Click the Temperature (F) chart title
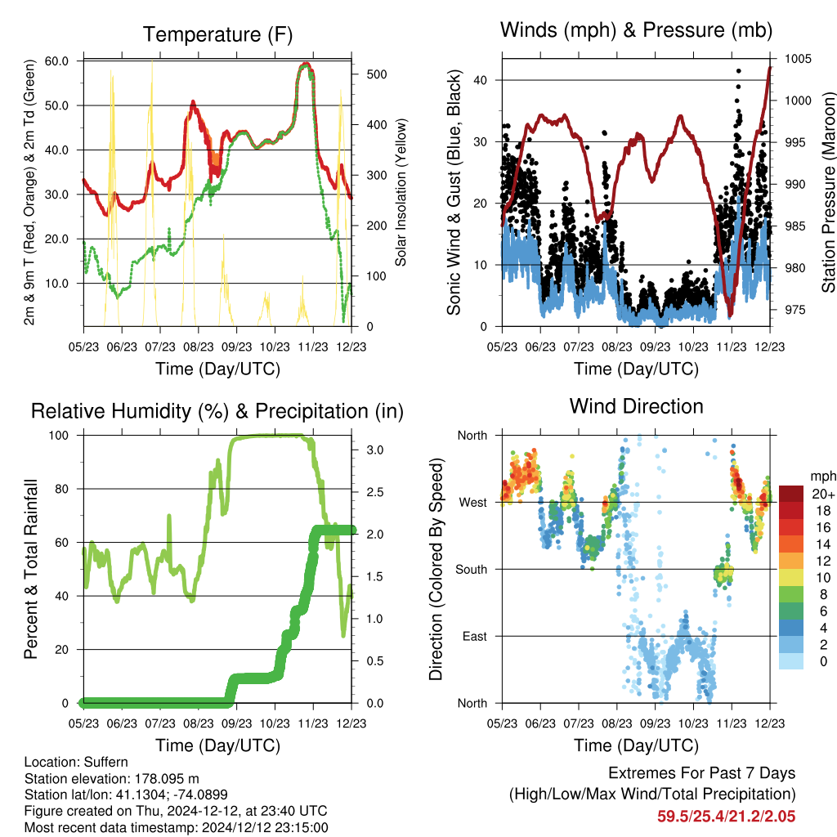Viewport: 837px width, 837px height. pyautogui.click(x=217, y=34)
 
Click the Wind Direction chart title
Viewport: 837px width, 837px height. pyautogui.click(x=636, y=406)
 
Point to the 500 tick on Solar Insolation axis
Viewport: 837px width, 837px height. pyautogui.click(x=376, y=74)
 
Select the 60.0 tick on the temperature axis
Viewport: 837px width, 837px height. pyautogui.click(x=56, y=60)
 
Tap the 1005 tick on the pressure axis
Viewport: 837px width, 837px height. pyautogui.click(x=798, y=59)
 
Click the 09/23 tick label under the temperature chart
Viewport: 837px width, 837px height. pyautogui.click(x=236, y=347)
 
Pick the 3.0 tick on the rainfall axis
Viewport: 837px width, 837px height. pyautogui.click(x=374, y=450)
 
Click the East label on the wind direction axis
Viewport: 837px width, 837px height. pyautogui.click(x=475, y=636)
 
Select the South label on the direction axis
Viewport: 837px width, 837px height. pyautogui.click(x=472, y=570)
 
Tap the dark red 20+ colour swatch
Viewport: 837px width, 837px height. pyautogui.click(x=791, y=494)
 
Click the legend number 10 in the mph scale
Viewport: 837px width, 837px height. pyautogui.click(x=823, y=578)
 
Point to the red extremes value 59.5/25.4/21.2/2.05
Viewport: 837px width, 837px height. pyautogui.click(x=726, y=817)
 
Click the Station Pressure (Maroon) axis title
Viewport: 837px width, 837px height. pyautogui.click(x=828, y=192)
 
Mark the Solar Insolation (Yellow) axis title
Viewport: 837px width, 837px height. pyautogui.click(x=401, y=192)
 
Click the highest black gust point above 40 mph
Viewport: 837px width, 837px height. pyautogui.click(x=739, y=70)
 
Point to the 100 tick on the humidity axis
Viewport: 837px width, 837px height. pyautogui.click(x=59, y=436)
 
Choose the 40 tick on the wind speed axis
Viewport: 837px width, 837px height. pyautogui.click(x=481, y=81)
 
